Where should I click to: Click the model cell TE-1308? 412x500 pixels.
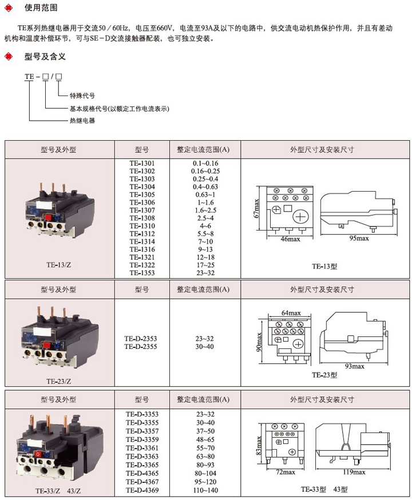[x=142, y=218]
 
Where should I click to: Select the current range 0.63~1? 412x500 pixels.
[x=205, y=195]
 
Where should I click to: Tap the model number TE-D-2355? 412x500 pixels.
[x=142, y=346]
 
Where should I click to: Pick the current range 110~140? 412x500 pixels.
[x=205, y=491]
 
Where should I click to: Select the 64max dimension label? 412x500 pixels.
[x=291, y=313]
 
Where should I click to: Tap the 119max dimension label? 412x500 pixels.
[x=351, y=472]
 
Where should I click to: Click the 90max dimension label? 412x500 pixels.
[x=259, y=342]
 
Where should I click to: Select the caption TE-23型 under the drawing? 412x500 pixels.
[x=324, y=375]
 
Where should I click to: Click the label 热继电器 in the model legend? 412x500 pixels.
[x=82, y=121]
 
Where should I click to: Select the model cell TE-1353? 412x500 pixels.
[x=142, y=273]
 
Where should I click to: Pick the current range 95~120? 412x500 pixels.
[x=205, y=483]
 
